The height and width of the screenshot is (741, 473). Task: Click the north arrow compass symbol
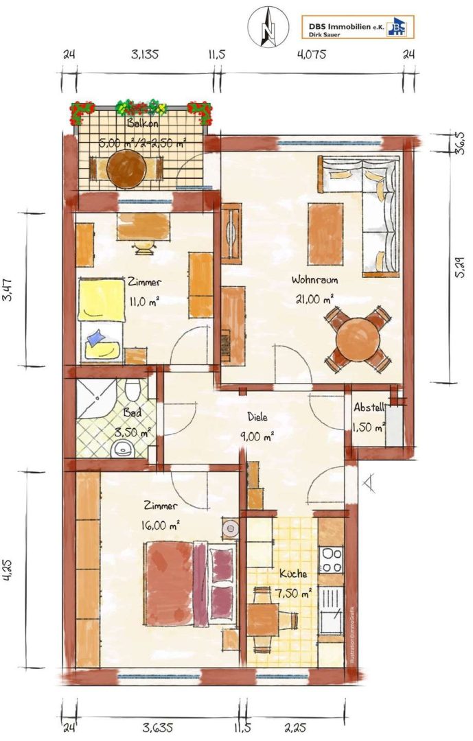point(268,27)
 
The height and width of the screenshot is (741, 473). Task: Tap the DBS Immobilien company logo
point(358,27)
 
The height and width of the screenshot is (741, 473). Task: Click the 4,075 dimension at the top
point(312,54)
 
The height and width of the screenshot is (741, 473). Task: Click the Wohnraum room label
point(314,280)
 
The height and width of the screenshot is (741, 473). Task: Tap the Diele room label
point(258,417)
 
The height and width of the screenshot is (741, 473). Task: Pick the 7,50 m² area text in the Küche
point(293,593)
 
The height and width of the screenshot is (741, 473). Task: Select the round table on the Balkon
point(126,169)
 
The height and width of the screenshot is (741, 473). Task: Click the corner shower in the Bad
point(96,399)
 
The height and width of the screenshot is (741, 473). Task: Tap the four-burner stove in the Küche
point(331,559)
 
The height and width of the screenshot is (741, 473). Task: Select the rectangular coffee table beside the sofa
point(325,233)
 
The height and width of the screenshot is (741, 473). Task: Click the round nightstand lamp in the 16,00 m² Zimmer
point(231,528)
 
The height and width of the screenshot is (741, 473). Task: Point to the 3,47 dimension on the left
point(8,290)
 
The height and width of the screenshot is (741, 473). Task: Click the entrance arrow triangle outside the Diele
point(369,482)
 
